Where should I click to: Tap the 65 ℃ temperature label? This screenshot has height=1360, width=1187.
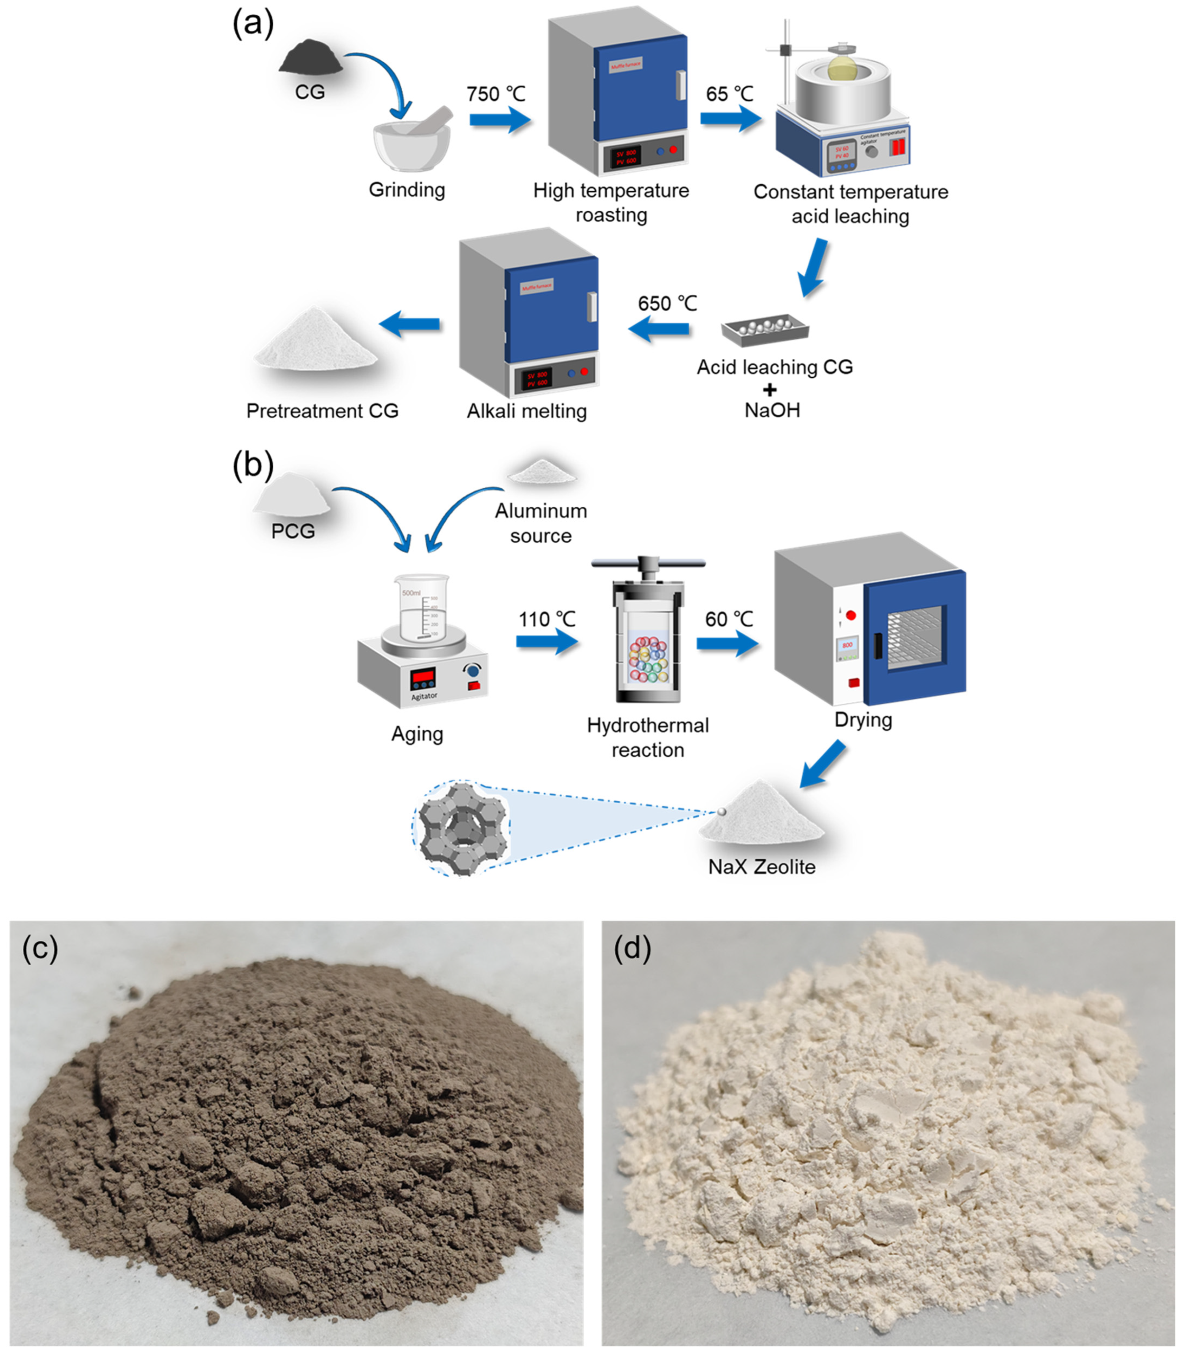pos(729,94)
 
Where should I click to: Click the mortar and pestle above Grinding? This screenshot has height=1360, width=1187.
pos(412,139)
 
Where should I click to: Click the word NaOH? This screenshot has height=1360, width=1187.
pos(772,410)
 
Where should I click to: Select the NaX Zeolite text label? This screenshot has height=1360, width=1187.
pos(762,866)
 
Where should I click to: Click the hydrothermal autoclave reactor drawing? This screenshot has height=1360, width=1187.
pos(648,633)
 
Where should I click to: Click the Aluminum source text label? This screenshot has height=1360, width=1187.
pos(540,523)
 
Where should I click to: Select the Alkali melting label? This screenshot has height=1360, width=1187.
pos(527,411)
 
